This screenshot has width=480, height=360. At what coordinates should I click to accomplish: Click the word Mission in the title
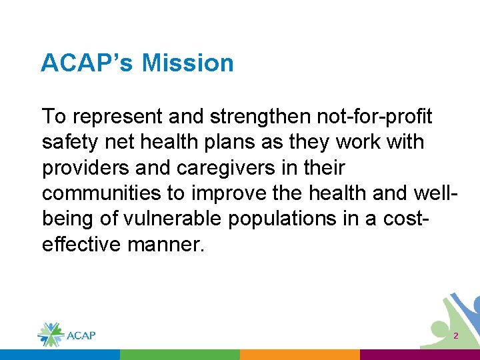tap(187, 63)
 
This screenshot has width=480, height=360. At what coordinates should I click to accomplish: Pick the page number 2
tap(456, 336)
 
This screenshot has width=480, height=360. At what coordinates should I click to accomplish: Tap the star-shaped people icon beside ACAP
tap(49, 334)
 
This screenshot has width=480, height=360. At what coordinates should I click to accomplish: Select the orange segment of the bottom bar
tap(299, 355)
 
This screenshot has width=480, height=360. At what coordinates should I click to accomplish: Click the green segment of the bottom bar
tap(179, 355)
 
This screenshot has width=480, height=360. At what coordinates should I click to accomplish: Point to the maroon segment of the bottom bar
tap(419, 355)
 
